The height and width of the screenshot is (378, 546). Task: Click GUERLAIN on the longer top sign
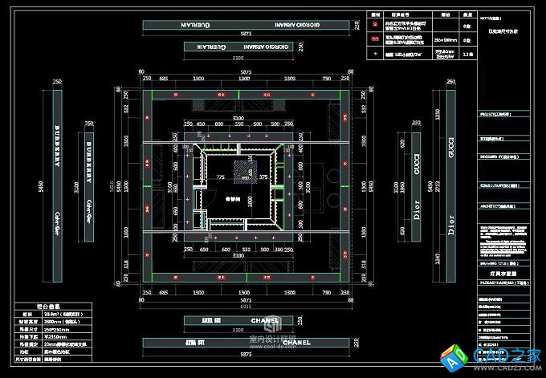198,25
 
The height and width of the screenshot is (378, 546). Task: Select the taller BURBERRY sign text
58,144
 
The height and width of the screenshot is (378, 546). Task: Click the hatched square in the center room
245,169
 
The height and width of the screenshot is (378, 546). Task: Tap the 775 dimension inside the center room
220,177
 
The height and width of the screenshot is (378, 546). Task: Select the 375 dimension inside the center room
263,177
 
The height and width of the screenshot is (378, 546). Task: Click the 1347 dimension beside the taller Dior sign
438,258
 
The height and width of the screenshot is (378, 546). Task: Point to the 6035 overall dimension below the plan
246,306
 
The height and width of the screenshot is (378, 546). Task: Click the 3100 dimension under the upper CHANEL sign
245,329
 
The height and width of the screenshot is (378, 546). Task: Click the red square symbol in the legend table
376,39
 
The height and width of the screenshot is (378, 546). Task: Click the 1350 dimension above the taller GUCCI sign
438,116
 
